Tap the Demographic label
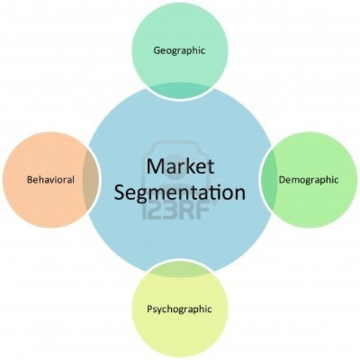(308, 180)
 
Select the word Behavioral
(49, 180)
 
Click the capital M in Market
(154, 166)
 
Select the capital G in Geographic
(156, 50)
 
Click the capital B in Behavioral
(28, 180)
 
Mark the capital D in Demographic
(281, 180)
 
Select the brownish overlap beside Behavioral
(90, 180)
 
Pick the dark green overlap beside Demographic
(268, 180)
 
